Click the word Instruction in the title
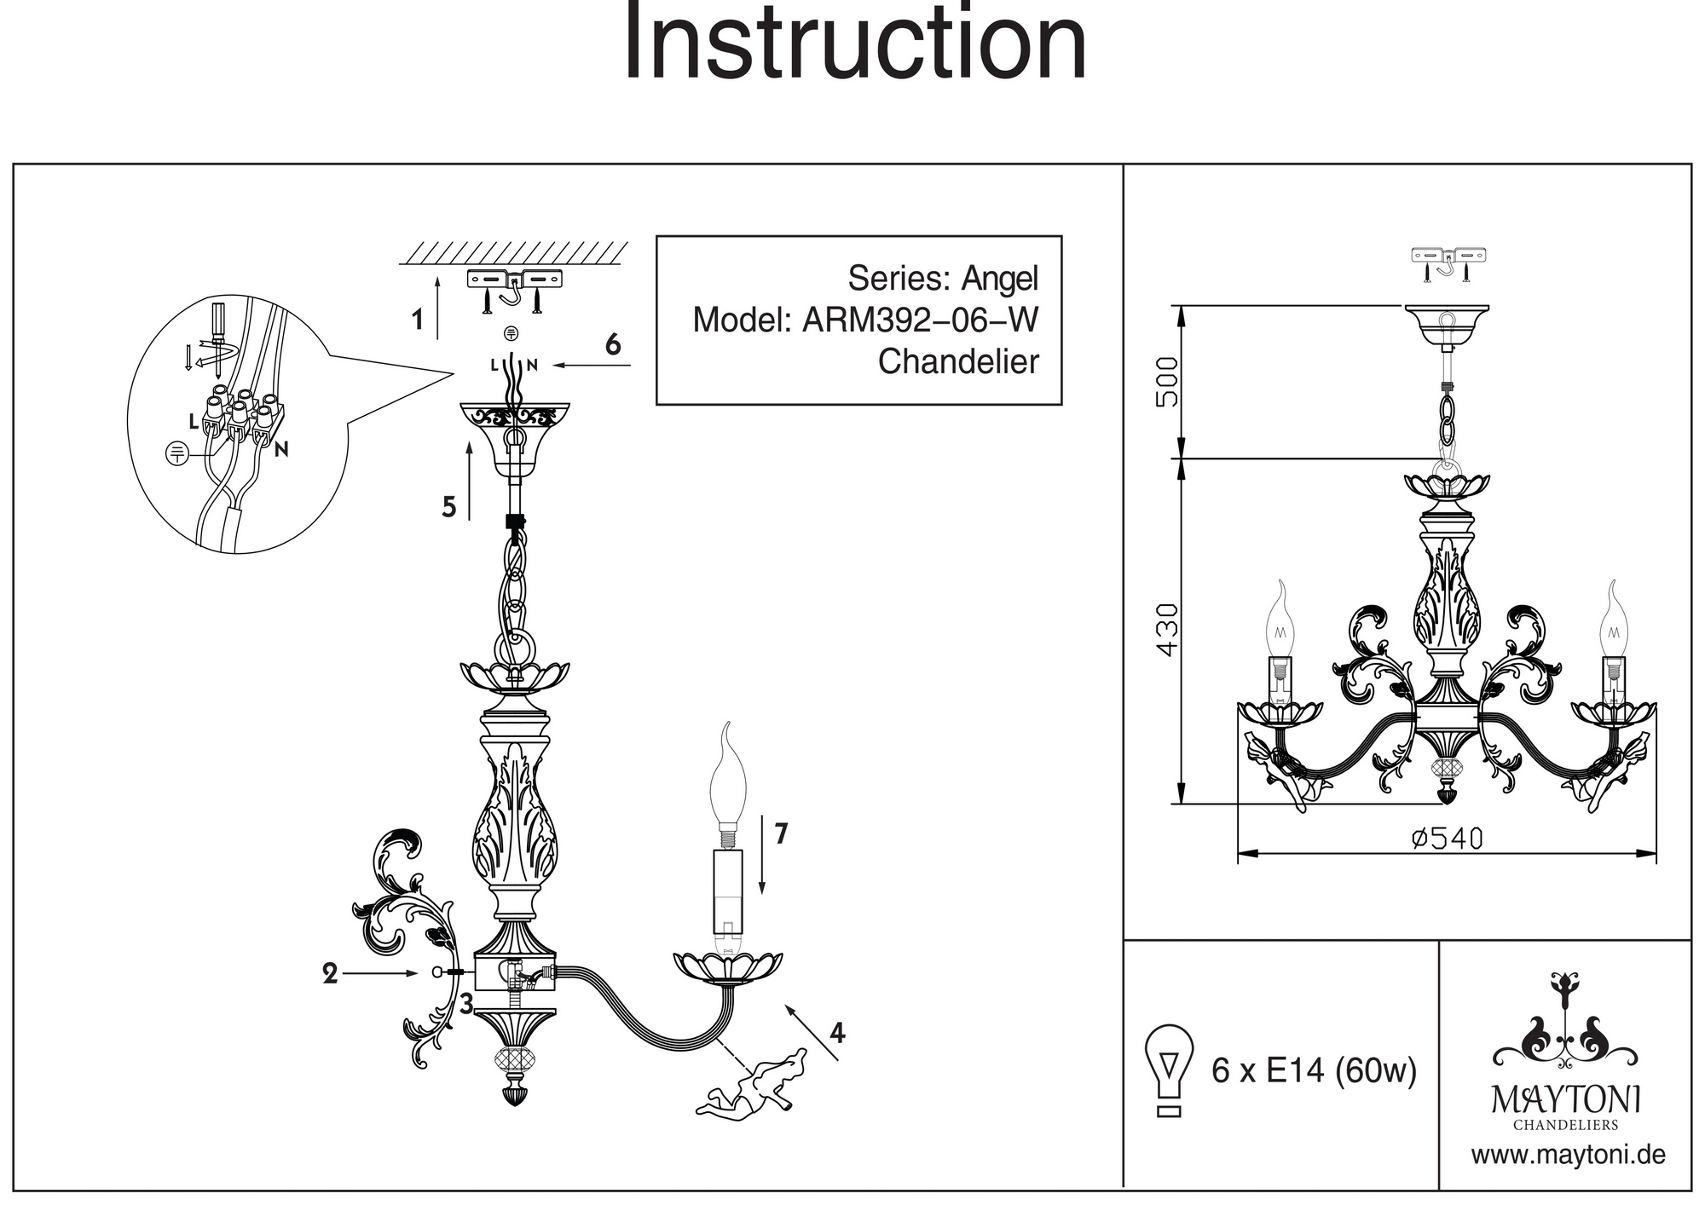855,43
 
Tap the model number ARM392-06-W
921,320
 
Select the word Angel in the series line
1000,279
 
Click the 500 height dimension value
1167,381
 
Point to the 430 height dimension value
1167,631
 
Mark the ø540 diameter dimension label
1447,839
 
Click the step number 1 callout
417,321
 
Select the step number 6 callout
612,345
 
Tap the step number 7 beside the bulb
781,833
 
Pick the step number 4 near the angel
837,1033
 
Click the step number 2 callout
330,973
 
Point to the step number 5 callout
449,507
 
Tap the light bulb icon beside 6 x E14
1170,1070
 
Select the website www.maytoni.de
1568,1156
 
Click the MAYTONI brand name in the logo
1565,1099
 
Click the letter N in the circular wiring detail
281,449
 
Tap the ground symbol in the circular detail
176,453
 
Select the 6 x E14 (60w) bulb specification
1314,1070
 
